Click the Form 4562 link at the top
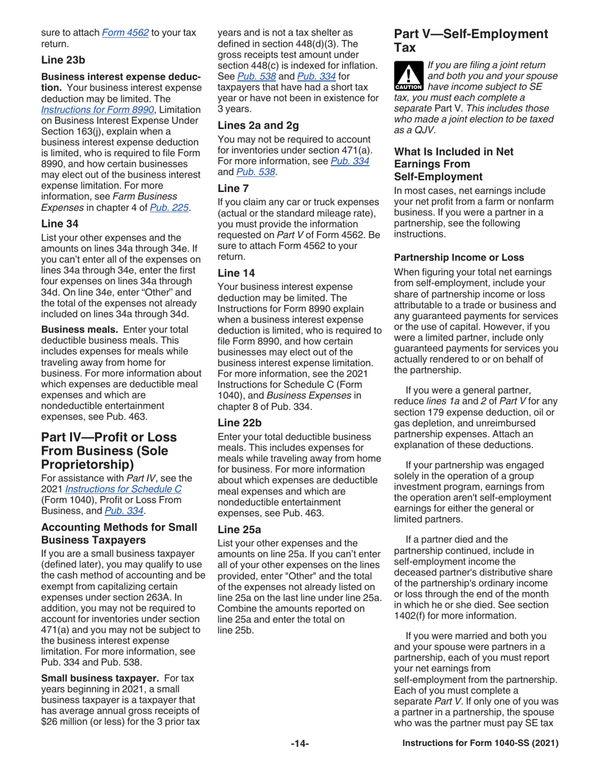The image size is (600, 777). (x=126, y=32)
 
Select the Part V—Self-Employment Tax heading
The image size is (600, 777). (x=471, y=40)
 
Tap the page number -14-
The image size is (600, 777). (x=299, y=744)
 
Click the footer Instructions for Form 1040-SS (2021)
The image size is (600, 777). (x=481, y=744)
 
